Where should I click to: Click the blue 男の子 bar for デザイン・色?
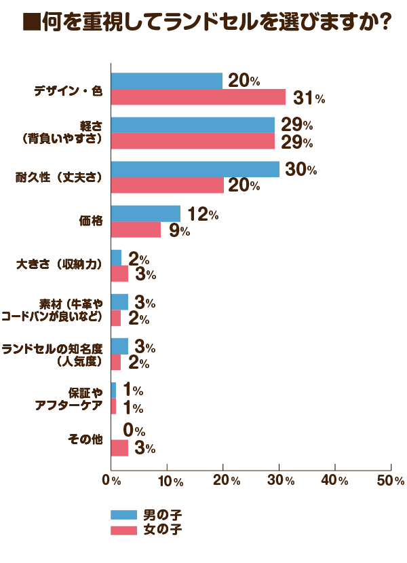coord(166,81)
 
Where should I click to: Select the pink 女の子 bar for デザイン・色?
coord(197,97)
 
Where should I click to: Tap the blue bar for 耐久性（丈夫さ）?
coord(195,170)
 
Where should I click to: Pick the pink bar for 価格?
coord(136,230)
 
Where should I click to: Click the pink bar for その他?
coord(119,448)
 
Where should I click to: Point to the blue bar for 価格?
coord(145,214)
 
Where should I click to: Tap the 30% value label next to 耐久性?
coord(301,170)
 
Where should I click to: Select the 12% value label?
coord(202,215)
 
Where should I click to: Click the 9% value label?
coord(180,231)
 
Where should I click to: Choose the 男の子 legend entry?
coord(146,514)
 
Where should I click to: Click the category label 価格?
coord(90,221)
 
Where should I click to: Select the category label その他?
coord(85,439)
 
